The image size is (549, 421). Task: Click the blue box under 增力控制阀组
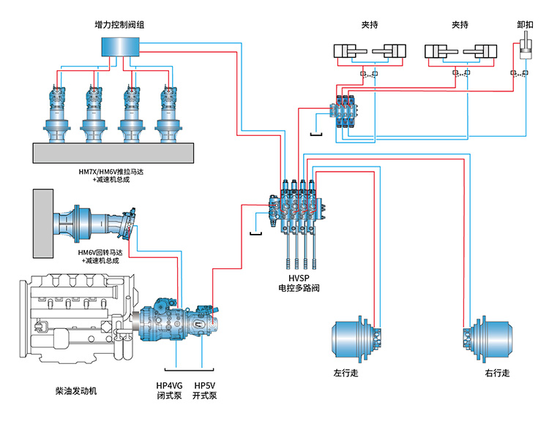click(x=121, y=46)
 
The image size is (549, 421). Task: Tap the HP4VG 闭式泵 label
click(x=169, y=390)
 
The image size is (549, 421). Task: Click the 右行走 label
click(x=497, y=373)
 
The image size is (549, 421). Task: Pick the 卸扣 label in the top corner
click(x=525, y=24)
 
